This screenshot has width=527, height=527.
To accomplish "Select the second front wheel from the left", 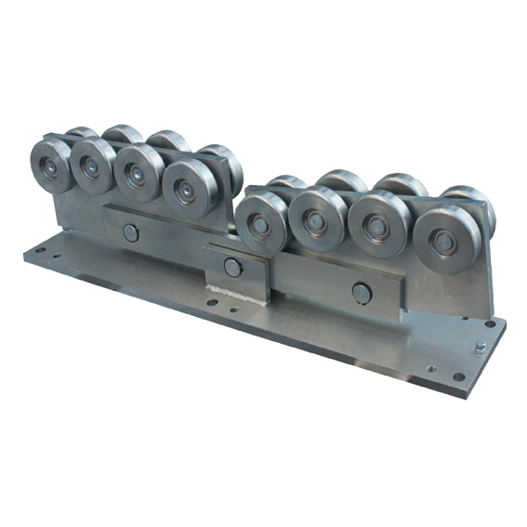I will [x=93, y=167].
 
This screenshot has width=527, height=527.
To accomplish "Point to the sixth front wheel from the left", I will [x=316, y=221].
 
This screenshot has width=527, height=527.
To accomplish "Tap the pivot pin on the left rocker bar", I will [x=131, y=232].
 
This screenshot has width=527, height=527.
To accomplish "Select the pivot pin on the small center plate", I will [x=232, y=268].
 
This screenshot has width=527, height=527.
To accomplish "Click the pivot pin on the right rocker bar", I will [x=362, y=294].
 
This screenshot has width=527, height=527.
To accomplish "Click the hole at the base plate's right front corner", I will [x=458, y=376].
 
